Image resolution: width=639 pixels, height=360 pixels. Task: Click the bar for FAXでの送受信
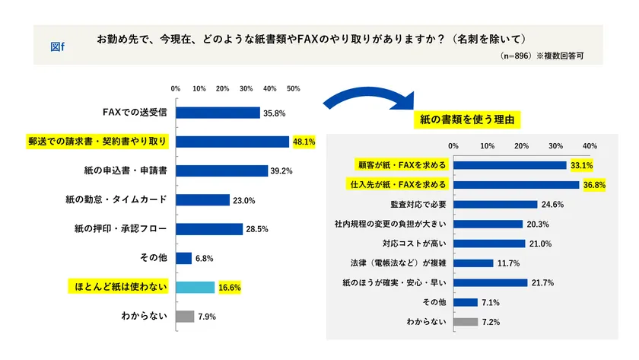(218, 113)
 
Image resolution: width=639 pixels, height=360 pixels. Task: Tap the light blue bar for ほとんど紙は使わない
(195, 287)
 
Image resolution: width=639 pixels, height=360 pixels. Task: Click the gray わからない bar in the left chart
(185, 316)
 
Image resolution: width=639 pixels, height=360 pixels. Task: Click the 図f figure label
(57, 46)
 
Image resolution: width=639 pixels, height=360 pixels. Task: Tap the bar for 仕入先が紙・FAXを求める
(517, 184)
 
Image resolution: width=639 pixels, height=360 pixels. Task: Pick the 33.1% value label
(582, 164)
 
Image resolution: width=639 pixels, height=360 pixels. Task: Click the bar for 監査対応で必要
(495, 204)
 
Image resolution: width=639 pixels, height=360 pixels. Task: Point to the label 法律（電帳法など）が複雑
(396, 263)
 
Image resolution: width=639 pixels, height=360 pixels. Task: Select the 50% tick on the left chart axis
(294, 88)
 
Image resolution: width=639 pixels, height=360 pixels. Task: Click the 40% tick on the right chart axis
(590, 145)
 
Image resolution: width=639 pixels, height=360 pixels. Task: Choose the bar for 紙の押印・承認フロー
(209, 229)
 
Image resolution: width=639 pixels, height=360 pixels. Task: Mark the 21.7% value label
(542, 283)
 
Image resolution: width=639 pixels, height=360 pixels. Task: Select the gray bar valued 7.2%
(466, 322)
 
